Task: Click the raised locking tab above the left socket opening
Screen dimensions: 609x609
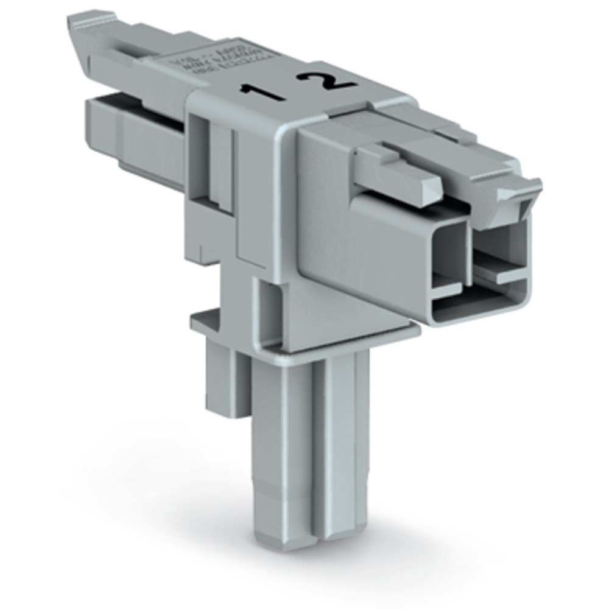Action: click(399, 174)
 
